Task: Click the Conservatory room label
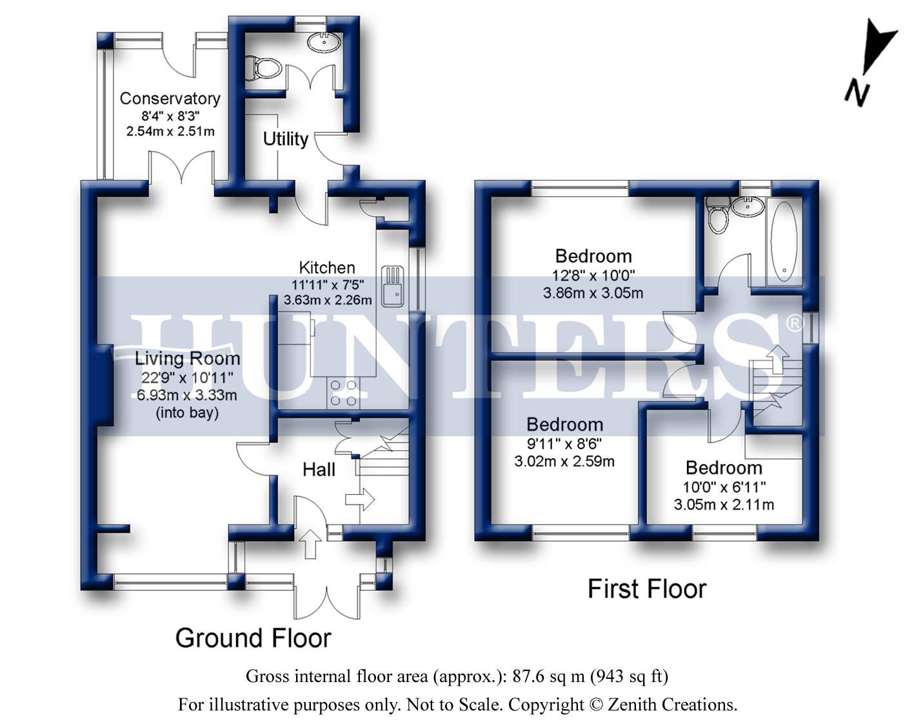pos(170,99)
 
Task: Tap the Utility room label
pos(285,139)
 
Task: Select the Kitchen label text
pos(327,267)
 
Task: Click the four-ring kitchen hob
pos(344,392)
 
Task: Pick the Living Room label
pos(187,359)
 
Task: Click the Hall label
pos(319,469)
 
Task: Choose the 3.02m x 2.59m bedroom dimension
pos(564,461)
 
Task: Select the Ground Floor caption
pos(253,638)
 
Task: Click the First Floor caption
pos(646,588)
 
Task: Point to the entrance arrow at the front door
pos(311,543)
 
